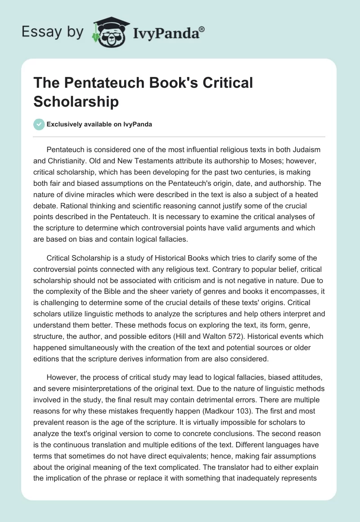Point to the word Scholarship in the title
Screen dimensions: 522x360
click(x=76, y=101)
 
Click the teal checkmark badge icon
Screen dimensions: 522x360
click(x=39, y=124)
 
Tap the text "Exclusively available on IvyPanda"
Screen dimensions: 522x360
click(x=99, y=125)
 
